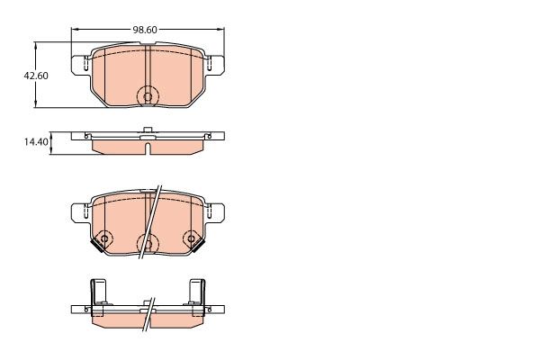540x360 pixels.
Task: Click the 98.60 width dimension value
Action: pos(145,30)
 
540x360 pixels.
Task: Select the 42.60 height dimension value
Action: pos(36,76)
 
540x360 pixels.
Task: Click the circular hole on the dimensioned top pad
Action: pos(147,96)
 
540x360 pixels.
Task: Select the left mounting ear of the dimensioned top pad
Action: pos(81,65)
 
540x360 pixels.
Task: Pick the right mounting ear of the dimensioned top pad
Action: pos(214,65)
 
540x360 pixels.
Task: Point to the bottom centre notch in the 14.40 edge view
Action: pos(147,148)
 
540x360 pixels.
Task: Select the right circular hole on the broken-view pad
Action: pos(190,238)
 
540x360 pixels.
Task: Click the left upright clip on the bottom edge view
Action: pos(97,292)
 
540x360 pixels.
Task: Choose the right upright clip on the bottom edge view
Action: pos(195,292)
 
